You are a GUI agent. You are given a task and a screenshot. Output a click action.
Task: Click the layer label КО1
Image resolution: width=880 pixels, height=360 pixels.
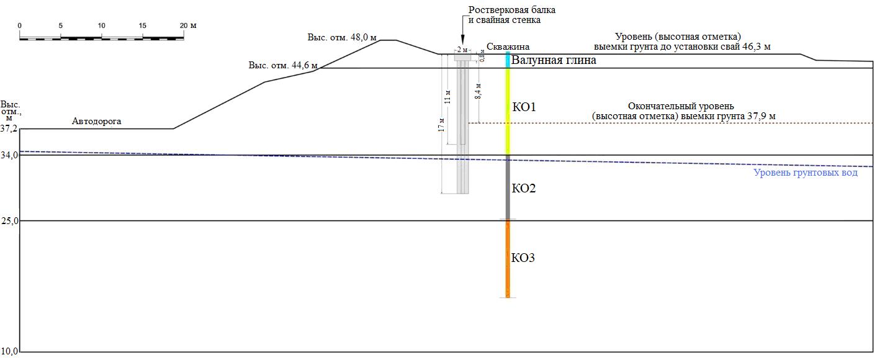pos(524,107)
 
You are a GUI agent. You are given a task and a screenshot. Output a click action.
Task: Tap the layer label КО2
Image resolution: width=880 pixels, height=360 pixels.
pos(524,189)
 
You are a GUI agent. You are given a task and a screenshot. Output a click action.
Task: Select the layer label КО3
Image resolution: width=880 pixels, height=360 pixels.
pos(523,258)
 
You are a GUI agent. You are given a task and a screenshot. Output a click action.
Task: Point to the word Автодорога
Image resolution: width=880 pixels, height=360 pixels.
pos(96,122)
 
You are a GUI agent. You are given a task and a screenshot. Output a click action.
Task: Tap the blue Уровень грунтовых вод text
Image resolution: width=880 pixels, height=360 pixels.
pos(806,173)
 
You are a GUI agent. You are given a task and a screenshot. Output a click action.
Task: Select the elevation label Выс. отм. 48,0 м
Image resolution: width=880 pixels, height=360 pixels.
pos(342,37)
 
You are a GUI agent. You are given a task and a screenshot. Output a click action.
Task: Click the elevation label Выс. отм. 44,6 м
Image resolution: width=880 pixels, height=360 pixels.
pos(283,65)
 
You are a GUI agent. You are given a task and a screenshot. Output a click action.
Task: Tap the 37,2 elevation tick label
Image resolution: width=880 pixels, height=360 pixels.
pos(9,129)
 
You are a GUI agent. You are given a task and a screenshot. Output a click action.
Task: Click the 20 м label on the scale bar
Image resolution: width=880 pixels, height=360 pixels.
pos(188,25)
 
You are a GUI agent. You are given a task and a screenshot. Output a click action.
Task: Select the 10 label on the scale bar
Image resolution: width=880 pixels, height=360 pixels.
pos(101,25)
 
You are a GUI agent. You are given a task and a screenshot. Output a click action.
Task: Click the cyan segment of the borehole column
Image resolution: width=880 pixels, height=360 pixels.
pos(508,60)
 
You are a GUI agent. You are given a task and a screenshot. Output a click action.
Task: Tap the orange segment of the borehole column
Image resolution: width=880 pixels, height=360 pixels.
pos(508,258)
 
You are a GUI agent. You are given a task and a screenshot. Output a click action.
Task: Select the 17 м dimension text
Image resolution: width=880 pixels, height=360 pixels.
pos(441,125)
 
